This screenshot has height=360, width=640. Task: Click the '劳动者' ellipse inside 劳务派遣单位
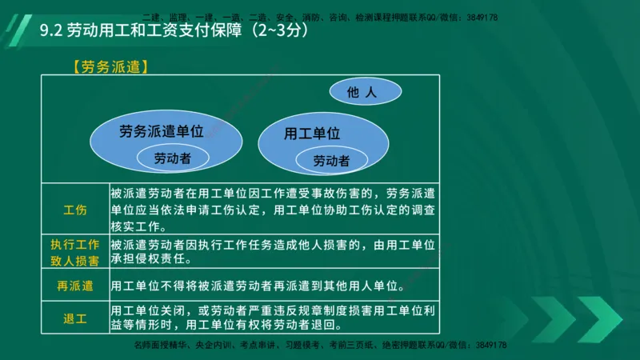[x=173, y=158]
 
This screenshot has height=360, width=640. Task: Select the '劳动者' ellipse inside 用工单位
[x=331, y=161]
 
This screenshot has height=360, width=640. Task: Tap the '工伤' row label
[x=75, y=210]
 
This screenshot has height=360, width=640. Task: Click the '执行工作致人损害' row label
[x=75, y=253]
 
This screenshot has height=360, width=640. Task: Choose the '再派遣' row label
[x=75, y=286]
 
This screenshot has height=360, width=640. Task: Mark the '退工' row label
[x=75, y=318]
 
